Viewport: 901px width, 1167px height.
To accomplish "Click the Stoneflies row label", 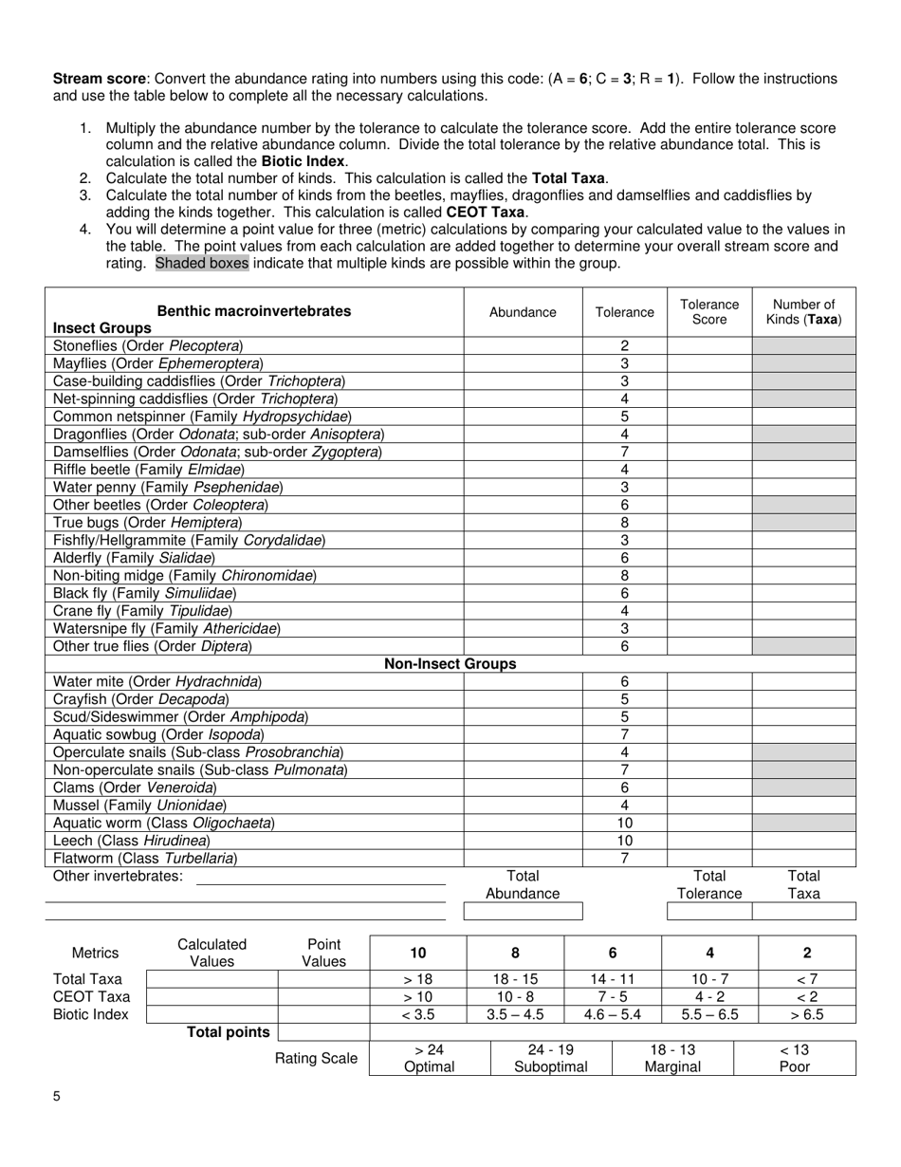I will (148, 346).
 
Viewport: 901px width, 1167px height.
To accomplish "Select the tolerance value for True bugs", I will (625, 523).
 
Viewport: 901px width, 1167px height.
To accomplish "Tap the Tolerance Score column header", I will (709, 311).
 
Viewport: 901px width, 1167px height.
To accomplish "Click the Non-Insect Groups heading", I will (450, 664).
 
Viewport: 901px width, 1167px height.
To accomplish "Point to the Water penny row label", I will (168, 487).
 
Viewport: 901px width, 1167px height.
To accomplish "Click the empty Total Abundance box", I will (523, 912).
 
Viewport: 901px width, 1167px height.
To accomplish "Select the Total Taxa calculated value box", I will (211, 979).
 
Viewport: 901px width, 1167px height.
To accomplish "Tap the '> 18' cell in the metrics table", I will (417, 979).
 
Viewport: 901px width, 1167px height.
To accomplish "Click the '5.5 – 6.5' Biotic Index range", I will (709, 1014).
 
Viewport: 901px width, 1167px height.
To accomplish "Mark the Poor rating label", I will (795, 1066).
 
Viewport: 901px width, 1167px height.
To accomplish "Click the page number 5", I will (57, 1097).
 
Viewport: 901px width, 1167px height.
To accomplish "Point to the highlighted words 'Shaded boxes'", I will (202, 263).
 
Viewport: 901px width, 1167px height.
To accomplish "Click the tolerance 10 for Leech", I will (625, 841).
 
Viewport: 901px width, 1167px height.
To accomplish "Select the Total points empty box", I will (323, 1032).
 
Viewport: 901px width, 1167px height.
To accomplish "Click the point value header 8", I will (515, 953).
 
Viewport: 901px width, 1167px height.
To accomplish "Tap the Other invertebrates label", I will (118, 876).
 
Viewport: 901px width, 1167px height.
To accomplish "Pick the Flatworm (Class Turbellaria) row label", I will (145, 858).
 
